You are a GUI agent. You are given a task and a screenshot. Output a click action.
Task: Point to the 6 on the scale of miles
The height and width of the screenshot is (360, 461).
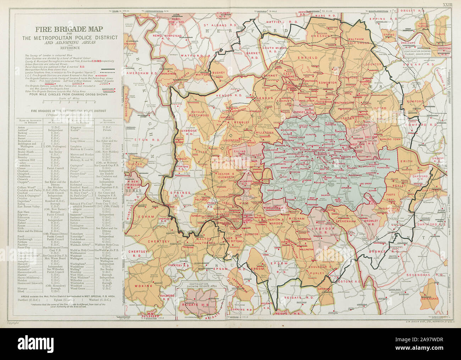pos(95,102)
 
